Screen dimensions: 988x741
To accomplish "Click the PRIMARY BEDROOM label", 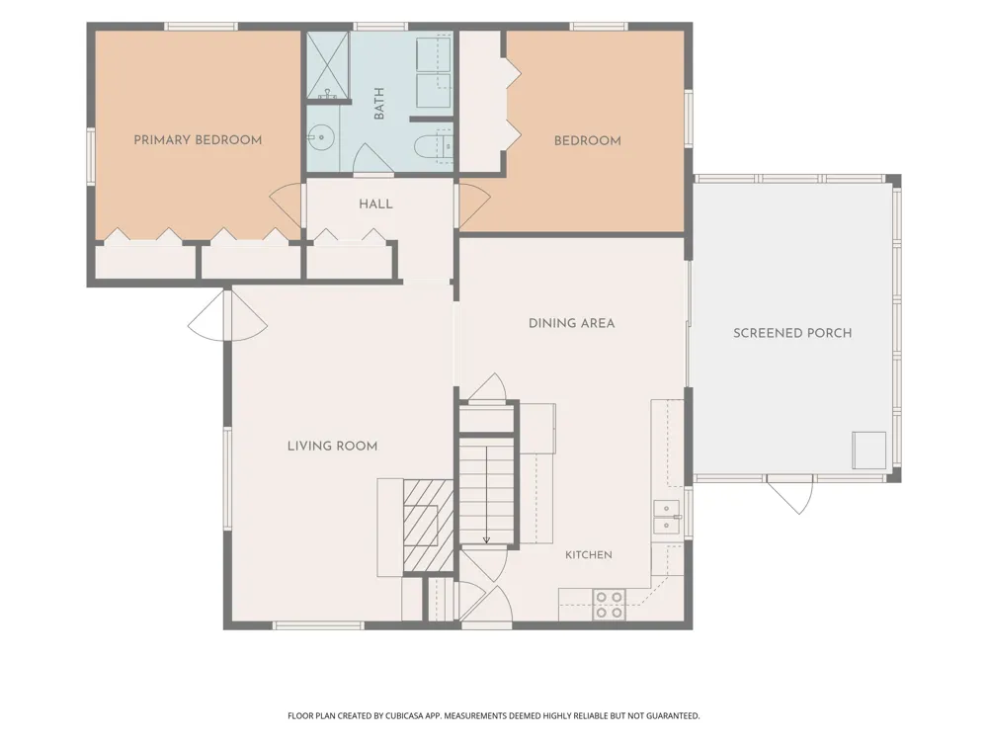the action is [x=198, y=140].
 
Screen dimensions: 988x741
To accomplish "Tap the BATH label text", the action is [x=378, y=104].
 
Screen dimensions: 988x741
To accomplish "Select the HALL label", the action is [x=375, y=205].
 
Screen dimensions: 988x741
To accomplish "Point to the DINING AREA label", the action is [x=571, y=323].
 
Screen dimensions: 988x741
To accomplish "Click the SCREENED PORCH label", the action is [x=792, y=333].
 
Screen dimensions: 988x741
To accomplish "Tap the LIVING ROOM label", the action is [x=333, y=447].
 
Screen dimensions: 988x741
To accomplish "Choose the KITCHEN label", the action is [x=589, y=555].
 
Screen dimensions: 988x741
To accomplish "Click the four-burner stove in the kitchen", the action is [x=609, y=604].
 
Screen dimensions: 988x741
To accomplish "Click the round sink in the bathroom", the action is [x=321, y=136].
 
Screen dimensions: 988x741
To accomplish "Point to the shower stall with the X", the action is [x=327, y=64].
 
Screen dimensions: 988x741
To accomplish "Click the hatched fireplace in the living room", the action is [x=428, y=526].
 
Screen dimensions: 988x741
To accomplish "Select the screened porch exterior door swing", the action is [x=790, y=495].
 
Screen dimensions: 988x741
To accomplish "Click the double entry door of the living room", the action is [x=227, y=315].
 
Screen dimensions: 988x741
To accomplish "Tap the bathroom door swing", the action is [x=373, y=159].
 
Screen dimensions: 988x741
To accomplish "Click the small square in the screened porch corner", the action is [x=868, y=451].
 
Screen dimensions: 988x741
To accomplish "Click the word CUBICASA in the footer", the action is [x=406, y=715].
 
